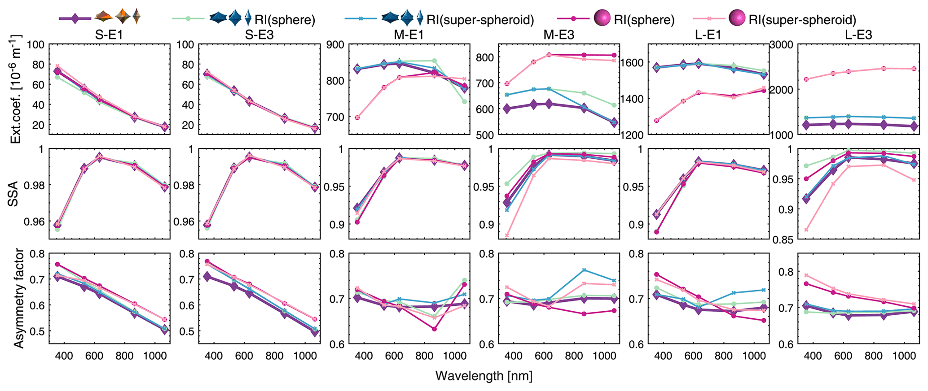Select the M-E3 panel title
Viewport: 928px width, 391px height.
(559, 35)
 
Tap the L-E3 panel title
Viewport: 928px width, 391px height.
(858, 35)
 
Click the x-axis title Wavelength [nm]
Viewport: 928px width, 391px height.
(484, 376)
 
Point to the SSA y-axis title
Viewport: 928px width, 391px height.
(14, 194)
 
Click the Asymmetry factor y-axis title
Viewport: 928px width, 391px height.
(18, 299)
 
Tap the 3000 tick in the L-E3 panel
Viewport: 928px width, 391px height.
(782, 44)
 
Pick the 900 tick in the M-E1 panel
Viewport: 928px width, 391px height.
(335, 44)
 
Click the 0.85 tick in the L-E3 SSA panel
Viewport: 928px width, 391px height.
(783, 239)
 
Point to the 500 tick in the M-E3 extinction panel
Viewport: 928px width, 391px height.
(485, 135)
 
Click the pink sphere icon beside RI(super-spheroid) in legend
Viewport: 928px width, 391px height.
(736, 19)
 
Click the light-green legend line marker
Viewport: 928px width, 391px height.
(189, 19)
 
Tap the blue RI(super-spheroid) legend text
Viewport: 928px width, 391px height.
(479, 20)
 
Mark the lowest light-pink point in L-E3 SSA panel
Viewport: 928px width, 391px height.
(806, 230)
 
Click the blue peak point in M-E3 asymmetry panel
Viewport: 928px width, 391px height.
(584, 270)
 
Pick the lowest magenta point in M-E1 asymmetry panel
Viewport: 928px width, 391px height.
(434, 329)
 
